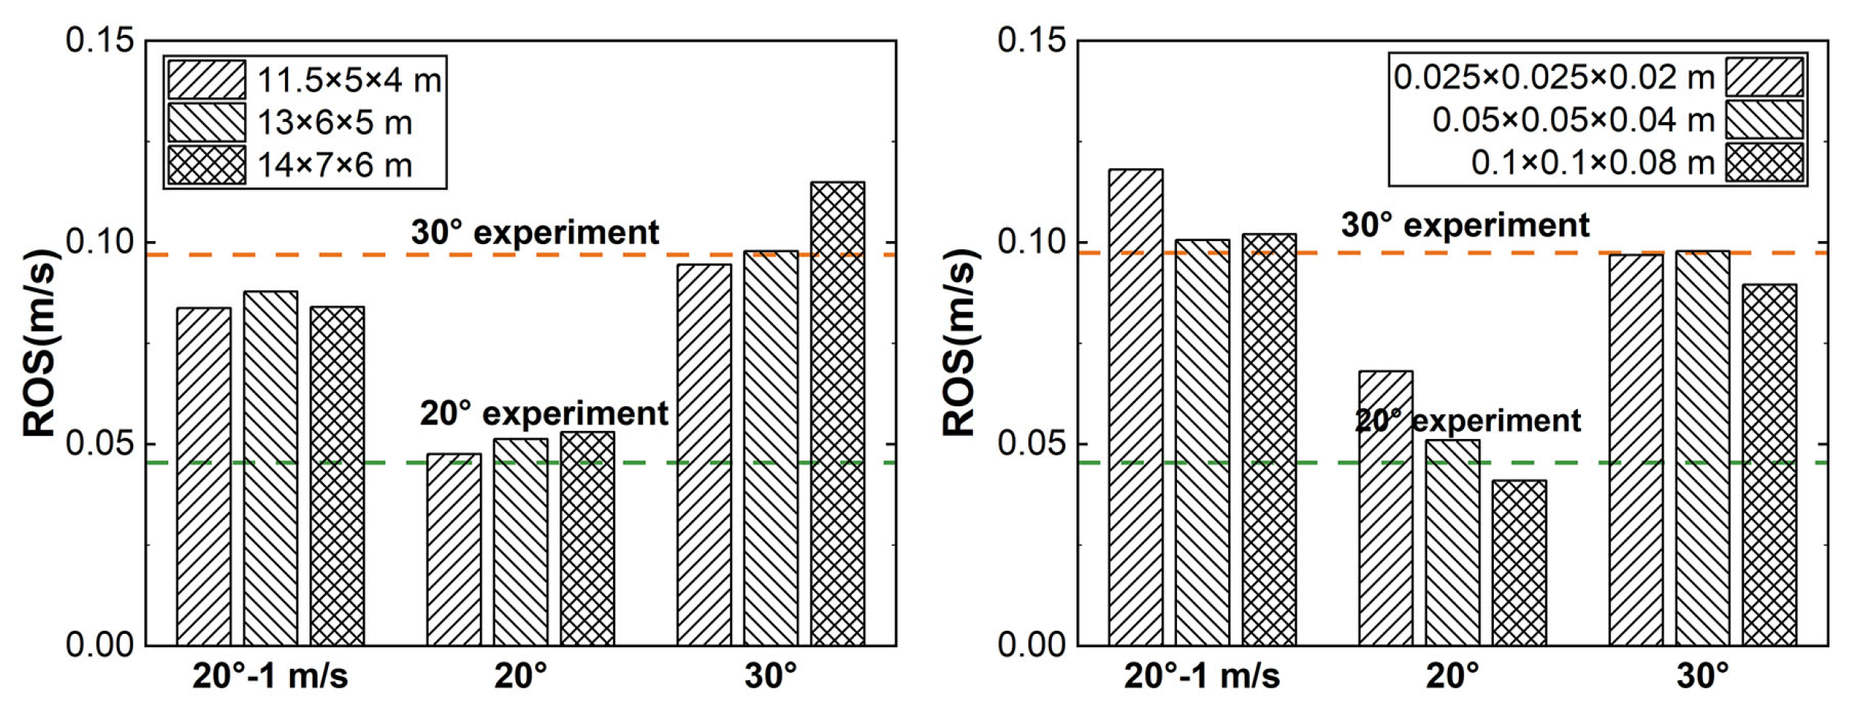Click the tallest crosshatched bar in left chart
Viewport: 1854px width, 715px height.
(x=837, y=413)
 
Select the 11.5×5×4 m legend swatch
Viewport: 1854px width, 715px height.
(x=206, y=80)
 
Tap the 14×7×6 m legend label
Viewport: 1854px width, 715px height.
(x=335, y=165)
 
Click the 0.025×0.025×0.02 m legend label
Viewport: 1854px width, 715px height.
(x=1553, y=77)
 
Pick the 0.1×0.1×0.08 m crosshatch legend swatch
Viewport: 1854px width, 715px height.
(x=1764, y=162)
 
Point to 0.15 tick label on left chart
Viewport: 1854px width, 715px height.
(x=100, y=40)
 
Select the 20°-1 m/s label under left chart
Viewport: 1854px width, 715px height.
(x=270, y=676)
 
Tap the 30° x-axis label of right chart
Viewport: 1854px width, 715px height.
(x=1702, y=676)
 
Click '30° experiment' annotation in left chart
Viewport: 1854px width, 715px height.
(x=535, y=232)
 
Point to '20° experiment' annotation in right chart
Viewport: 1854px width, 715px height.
(x=1467, y=421)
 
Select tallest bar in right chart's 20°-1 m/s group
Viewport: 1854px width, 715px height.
(x=1135, y=407)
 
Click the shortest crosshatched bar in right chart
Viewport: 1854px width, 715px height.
(x=1518, y=562)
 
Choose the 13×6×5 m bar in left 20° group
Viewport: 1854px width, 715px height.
(x=520, y=542)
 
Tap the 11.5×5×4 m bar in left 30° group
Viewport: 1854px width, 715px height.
(x=704, y=454)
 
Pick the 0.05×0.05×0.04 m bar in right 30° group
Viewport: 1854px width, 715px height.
(x=1702, y=448)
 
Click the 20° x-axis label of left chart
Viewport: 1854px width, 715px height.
(x=520, y=676)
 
